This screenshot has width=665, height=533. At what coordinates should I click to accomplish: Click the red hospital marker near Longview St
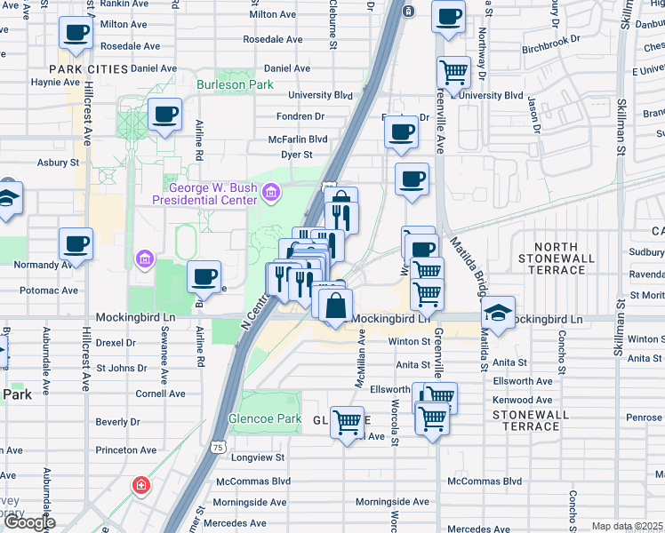[x=140, y=485]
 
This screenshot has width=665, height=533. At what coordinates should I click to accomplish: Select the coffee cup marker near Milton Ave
[x=76, y=34]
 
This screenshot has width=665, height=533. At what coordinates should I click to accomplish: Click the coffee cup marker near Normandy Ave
[x=76, y=243]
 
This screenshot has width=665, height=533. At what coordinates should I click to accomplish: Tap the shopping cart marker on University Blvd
[x=453, y=72]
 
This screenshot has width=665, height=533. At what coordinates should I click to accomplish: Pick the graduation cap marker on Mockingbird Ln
[x=498, y=311]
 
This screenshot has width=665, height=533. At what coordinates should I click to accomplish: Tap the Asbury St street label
[x=59, y=163]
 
